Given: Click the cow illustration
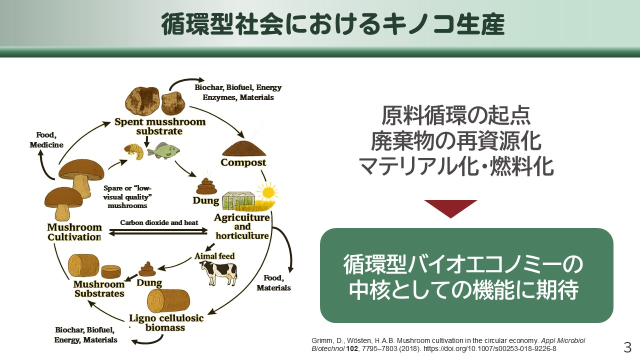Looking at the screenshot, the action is [x=219, y=273].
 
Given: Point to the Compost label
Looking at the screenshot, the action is [x=243, y=162].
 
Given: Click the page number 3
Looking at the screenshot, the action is [x=627, y=347].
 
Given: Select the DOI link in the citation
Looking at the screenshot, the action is [x=489, y=348].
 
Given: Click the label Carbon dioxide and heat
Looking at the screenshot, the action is [x=159, y=222].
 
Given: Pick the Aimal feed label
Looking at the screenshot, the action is [x=214, y=256].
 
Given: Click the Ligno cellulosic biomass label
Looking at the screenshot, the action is [x=166, y=323].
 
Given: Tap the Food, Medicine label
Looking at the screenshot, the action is [x=46, y=139].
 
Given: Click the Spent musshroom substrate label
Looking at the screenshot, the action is [x=160, y=126].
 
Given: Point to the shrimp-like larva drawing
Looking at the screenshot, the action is [x=133, y=150].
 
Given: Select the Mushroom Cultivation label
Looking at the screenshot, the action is [x=74, y=232].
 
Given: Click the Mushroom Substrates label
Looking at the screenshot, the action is [x=99, y=289].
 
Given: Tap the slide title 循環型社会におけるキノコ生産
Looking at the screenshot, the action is [x=333, y=24].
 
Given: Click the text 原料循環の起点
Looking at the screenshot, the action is [x=456, y=115].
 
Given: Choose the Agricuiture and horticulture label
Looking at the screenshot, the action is [x=241, y=226].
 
